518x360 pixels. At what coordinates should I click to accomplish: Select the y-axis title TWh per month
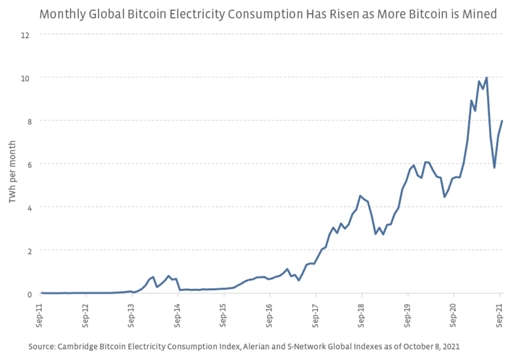click(12, 165)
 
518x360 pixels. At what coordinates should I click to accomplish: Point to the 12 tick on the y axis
click(25, 35)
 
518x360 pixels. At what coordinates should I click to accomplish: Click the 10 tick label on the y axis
click(25, 78)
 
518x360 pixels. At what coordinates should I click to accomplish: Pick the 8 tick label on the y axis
click(27, 121)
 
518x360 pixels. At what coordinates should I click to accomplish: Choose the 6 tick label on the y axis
click(27, 164)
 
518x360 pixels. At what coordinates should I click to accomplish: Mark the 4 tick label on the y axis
click(27, 207)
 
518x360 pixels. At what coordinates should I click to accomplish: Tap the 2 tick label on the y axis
click(27, 251)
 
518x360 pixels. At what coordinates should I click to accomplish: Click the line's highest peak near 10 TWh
click(487, 77)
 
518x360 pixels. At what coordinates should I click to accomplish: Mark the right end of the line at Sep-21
click(502, 121)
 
